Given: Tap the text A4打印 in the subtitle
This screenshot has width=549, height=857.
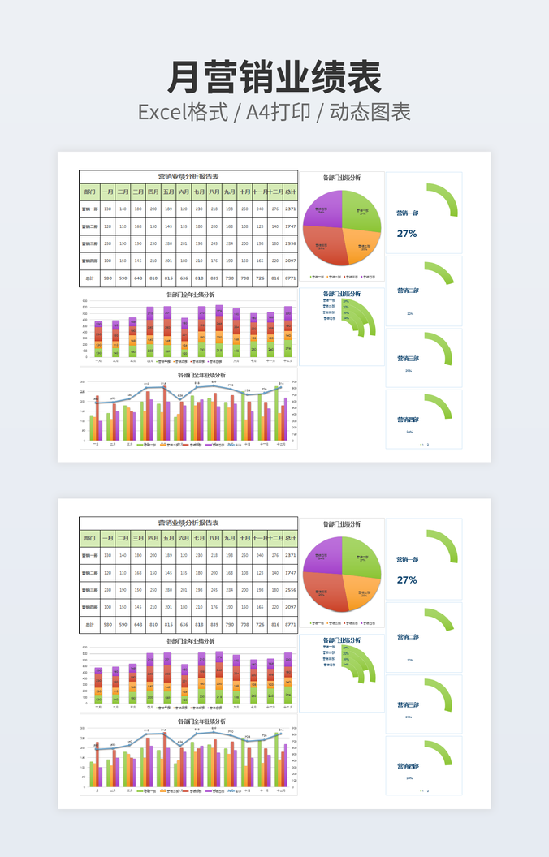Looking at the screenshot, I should click(278, 113).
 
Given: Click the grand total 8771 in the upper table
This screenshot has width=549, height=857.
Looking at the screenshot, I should click(290, 278).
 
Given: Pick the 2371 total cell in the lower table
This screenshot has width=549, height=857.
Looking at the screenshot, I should click(290, 556).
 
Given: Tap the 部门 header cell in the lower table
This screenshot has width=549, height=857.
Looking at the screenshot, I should click(89, 539).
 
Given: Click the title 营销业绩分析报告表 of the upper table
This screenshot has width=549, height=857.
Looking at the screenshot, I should click(188, 176).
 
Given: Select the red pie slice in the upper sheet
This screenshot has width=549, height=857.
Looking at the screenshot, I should click(325, 245).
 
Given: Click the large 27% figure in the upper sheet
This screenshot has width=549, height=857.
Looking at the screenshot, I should click(407, 234).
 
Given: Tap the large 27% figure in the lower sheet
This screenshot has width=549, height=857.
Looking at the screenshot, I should click(407, 580).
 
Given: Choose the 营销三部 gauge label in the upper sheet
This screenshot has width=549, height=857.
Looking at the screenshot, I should click(408, 358).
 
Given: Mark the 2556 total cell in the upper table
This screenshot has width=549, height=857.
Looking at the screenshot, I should click(290, 243).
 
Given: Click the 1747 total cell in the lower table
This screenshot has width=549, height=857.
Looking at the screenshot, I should click(290, 573).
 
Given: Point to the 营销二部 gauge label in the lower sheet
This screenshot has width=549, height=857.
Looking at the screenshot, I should click(408, 637).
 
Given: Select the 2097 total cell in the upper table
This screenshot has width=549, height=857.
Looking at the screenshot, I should click(290, 261).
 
